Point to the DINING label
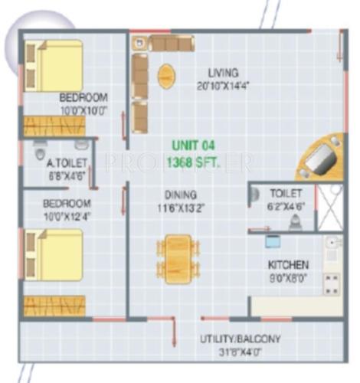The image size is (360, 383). pos(180,195)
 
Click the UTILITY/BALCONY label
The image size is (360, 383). pos(239,339)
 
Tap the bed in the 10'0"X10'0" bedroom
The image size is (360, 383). pos(54,66)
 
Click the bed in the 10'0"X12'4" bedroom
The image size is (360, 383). pos(54,254)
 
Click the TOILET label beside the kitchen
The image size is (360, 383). pos(286,194)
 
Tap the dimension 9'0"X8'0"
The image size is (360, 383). pos(288,277)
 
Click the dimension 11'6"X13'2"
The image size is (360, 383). pos(180,207)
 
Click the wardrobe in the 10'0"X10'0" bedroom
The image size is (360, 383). pos(52,125)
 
